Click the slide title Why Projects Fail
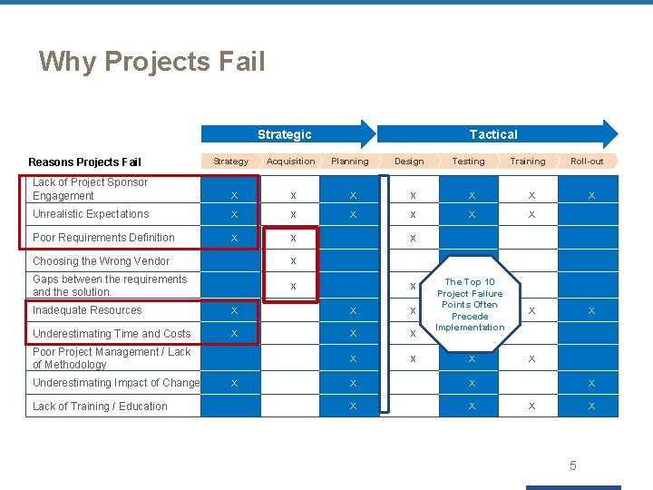[151, 62]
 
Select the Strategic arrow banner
[285, 134]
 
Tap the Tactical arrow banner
[493, 134]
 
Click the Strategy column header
[230, 162]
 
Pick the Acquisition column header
[290, 162]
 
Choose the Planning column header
[350, 162]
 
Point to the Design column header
[409, 162]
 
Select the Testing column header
[469, 162]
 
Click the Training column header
[528, 162]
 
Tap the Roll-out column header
[587, 162]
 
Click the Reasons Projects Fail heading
[84, 162]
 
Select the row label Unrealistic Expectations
[91, 214]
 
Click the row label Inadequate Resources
[87, 310]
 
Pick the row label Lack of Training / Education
[100, 407]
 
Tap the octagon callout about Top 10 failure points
[470, 305]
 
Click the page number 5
[572, 465]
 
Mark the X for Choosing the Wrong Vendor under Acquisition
[293, 261]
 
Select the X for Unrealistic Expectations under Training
[531, 215]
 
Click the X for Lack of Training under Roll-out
[591, 407]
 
